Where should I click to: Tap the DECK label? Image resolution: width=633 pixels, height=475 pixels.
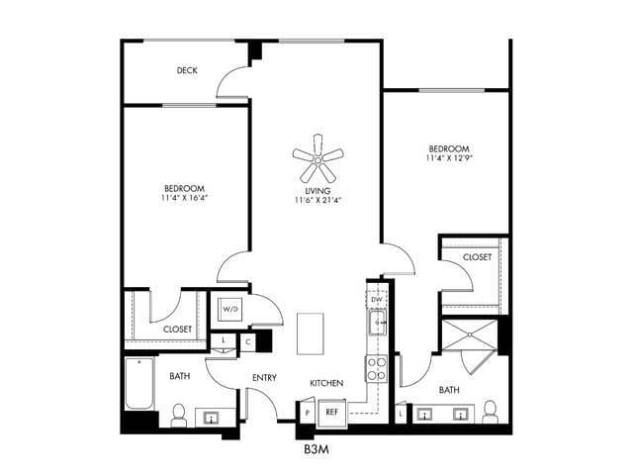186,70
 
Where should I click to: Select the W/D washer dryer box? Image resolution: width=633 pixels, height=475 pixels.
230,310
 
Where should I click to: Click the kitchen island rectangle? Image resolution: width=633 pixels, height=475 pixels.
311,331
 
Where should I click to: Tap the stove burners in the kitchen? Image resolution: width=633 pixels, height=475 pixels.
377,369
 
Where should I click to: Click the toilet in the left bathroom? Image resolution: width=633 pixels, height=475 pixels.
179,415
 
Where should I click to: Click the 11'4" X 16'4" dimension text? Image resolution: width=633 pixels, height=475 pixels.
184,198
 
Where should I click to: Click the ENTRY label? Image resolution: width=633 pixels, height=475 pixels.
264,377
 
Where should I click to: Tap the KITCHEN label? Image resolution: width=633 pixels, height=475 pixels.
326,382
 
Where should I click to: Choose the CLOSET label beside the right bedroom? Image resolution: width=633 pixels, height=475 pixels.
477,257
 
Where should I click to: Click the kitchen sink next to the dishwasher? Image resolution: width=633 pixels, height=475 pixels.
377,323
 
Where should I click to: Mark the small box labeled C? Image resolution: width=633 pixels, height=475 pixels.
248,341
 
